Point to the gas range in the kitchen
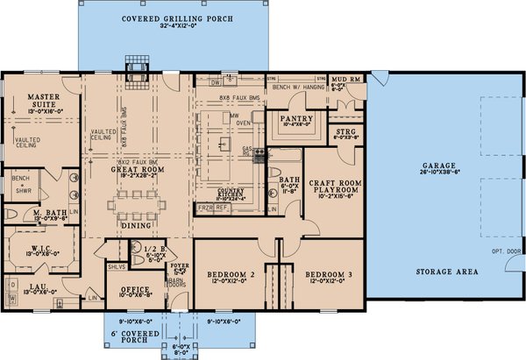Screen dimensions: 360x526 (x=258, y=156)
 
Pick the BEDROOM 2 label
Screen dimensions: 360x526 (x=231, y=275)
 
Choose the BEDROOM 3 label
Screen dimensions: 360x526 (x=330, y=275)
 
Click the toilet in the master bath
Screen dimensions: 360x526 (x=11, y=213)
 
